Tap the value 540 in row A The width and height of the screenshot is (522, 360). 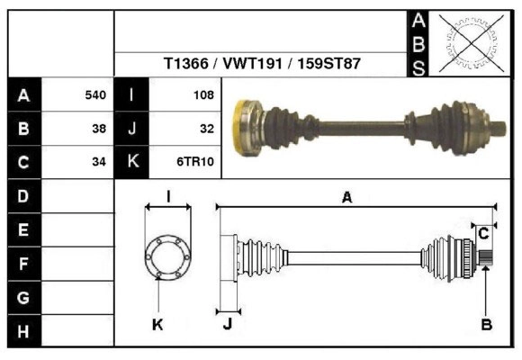coord(94,94)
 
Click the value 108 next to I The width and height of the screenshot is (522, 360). coord(202,94)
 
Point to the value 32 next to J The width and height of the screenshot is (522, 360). coord(206,129)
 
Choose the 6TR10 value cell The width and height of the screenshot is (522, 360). coord(194,162)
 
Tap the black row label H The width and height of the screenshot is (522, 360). coord(23,331)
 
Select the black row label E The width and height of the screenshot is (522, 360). coord(23,229)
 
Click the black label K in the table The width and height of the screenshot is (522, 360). coord(132,162)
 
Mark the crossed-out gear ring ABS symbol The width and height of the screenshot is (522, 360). coord(467,43)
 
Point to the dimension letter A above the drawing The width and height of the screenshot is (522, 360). coord(346,199)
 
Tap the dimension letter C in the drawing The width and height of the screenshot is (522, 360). coord(483,233)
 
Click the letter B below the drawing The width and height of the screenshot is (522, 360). coord(486,326)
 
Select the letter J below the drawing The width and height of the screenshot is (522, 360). coord(227,325)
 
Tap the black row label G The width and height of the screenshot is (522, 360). coord(23,297)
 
